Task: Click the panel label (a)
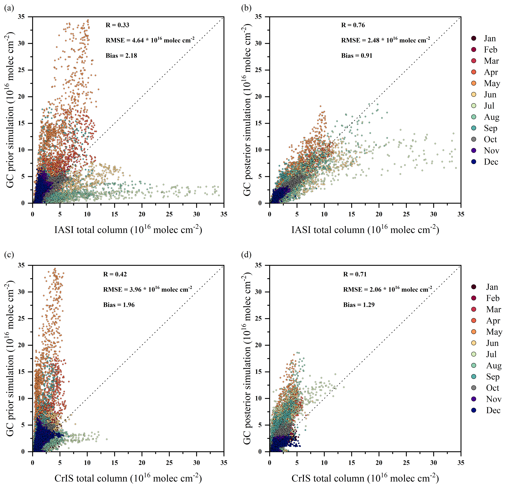[x=9, y=8]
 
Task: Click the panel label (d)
[x=246, y=255]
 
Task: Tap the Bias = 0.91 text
[x=357, y=56]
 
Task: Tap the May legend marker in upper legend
[x=474, y=83]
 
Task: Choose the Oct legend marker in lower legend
[x=474, y=388]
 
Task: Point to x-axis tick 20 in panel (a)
[x=142, y=214]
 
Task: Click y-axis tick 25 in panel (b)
[x=259, y=70]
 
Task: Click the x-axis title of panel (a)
[x=128, y=229]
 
